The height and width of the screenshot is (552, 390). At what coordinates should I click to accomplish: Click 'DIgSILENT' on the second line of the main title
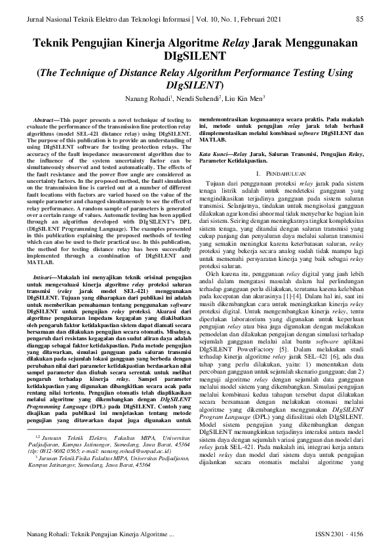tap(195, 57)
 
